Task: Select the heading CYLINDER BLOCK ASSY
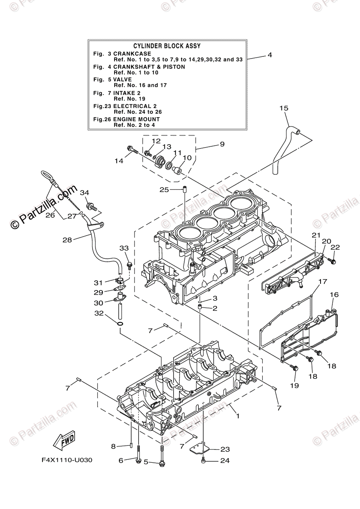pyautogui.click(x=167, y=46)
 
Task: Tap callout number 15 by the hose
pyautogui.click(x=284, y=109)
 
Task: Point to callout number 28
pyautogui.click(x=67, y=240)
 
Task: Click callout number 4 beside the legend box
pyautogui.click(x=269, y=55)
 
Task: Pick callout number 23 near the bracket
pyautogui.click(x=225, y=450)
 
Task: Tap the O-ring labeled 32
pyautogui.click(x=120, y=324)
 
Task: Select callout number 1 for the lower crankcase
pyautogui.click(x=238, y=417)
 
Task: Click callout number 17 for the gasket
pyautogui.click(x=323, y=281)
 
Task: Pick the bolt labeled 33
pyautogui.click(x=129, y=265)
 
